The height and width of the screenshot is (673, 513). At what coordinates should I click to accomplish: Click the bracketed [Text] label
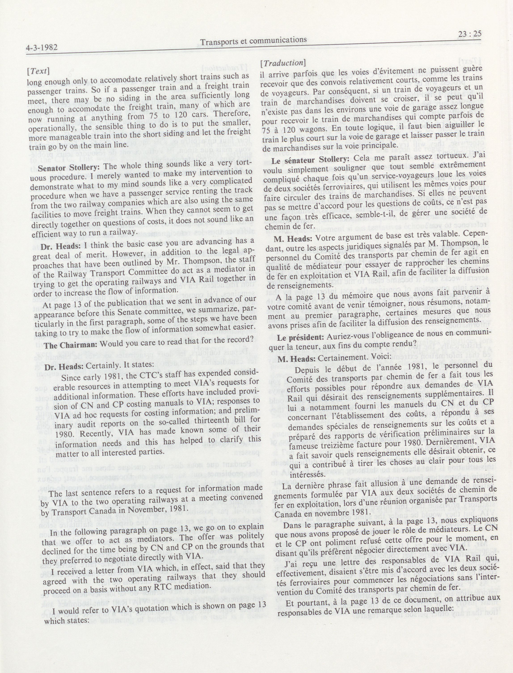(x=38, y=71)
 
